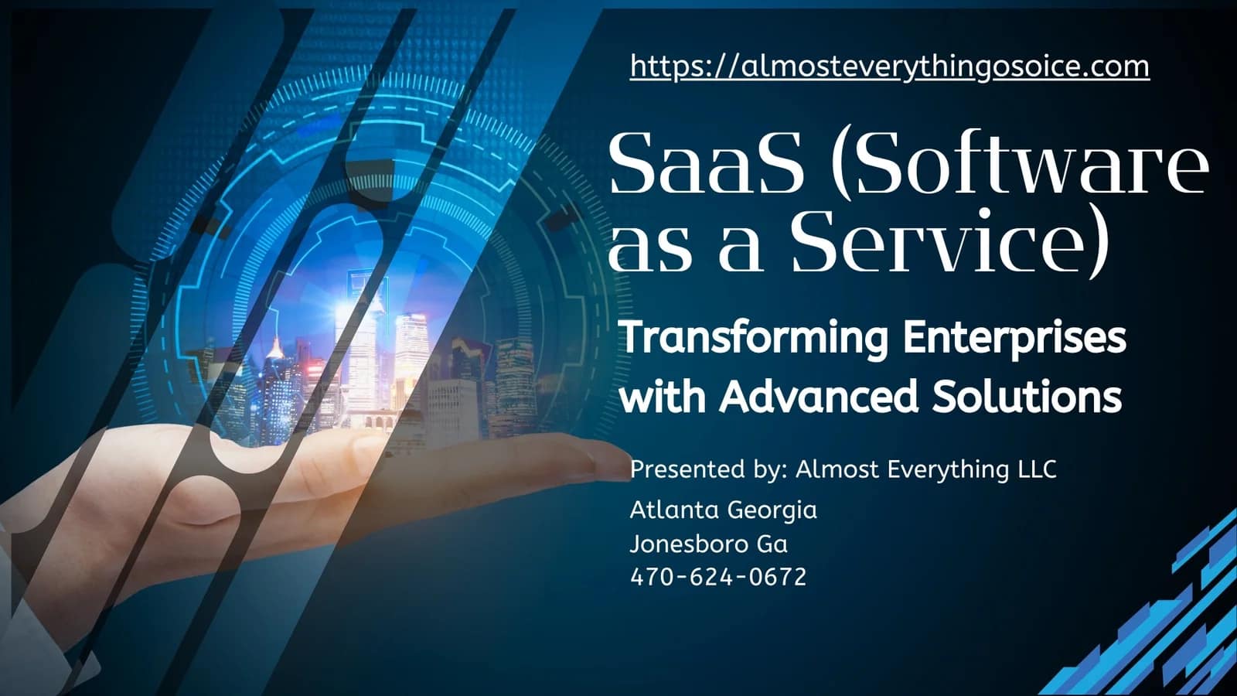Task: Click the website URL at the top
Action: click(x=889, y=67)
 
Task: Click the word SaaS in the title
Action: click(x=707, y=163)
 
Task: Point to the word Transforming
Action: click(x=754, y=339)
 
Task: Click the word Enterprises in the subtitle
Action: click(x=1014, y=339)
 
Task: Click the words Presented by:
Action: click(x=709, y=470)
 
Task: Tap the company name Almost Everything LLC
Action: click(x=926, y=470)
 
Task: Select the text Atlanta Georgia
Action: click(x=724, y=510)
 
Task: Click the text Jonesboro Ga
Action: click(x=709, y=544)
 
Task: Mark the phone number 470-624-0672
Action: click(x=718, y=577)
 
